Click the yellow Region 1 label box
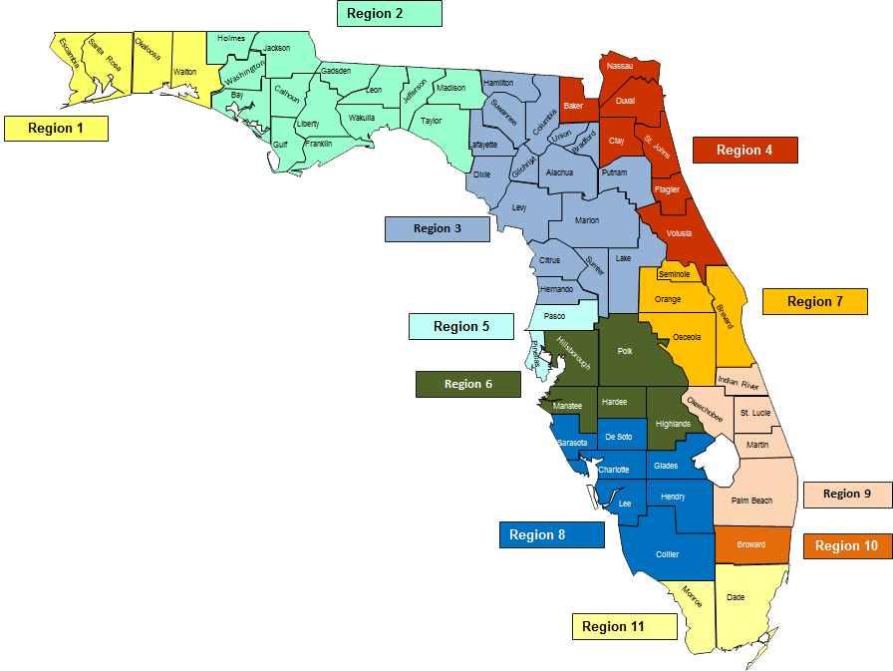coord(56,129)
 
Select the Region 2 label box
coord(390,14)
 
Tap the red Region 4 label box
coord(744,151)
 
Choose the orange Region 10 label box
coord(847,545)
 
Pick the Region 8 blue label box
coord(551,535)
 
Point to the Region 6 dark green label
coord(467,384)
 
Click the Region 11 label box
coord(624,627)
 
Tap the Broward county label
coord(751,544)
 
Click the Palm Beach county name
coord(751,501)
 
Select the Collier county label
coord(668,554)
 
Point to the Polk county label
coord(625,351)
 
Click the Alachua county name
coord(560,172)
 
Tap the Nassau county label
coord(620,66)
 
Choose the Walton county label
coord(185,73)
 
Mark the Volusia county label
coord(679,233)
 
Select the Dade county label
coord(736,597)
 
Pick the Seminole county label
coord(674,274)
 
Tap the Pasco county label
coord(555,316)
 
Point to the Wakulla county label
coord(362,118)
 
